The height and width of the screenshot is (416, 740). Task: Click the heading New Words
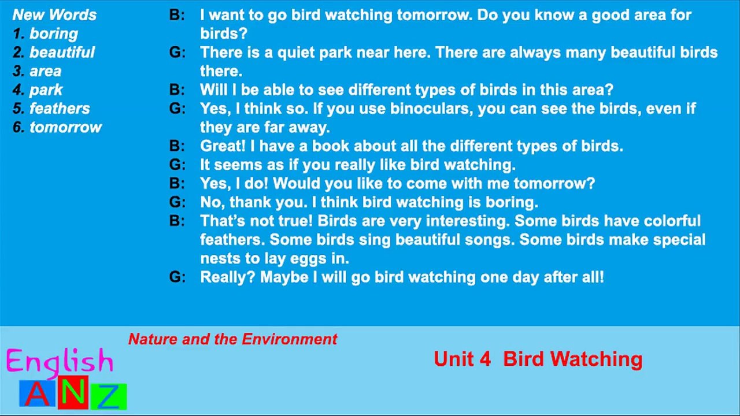54,15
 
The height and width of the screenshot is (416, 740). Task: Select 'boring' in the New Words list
53,34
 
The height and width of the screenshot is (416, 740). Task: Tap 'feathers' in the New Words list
60,109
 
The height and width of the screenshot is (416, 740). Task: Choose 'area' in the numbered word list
45,71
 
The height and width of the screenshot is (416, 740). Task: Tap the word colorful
672,221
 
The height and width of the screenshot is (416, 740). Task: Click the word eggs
297,258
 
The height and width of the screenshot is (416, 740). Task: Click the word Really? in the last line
228,277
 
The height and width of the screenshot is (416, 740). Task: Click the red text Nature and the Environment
232,339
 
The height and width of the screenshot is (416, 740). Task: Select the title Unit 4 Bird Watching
538,359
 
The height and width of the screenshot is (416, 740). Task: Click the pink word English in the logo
60,361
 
